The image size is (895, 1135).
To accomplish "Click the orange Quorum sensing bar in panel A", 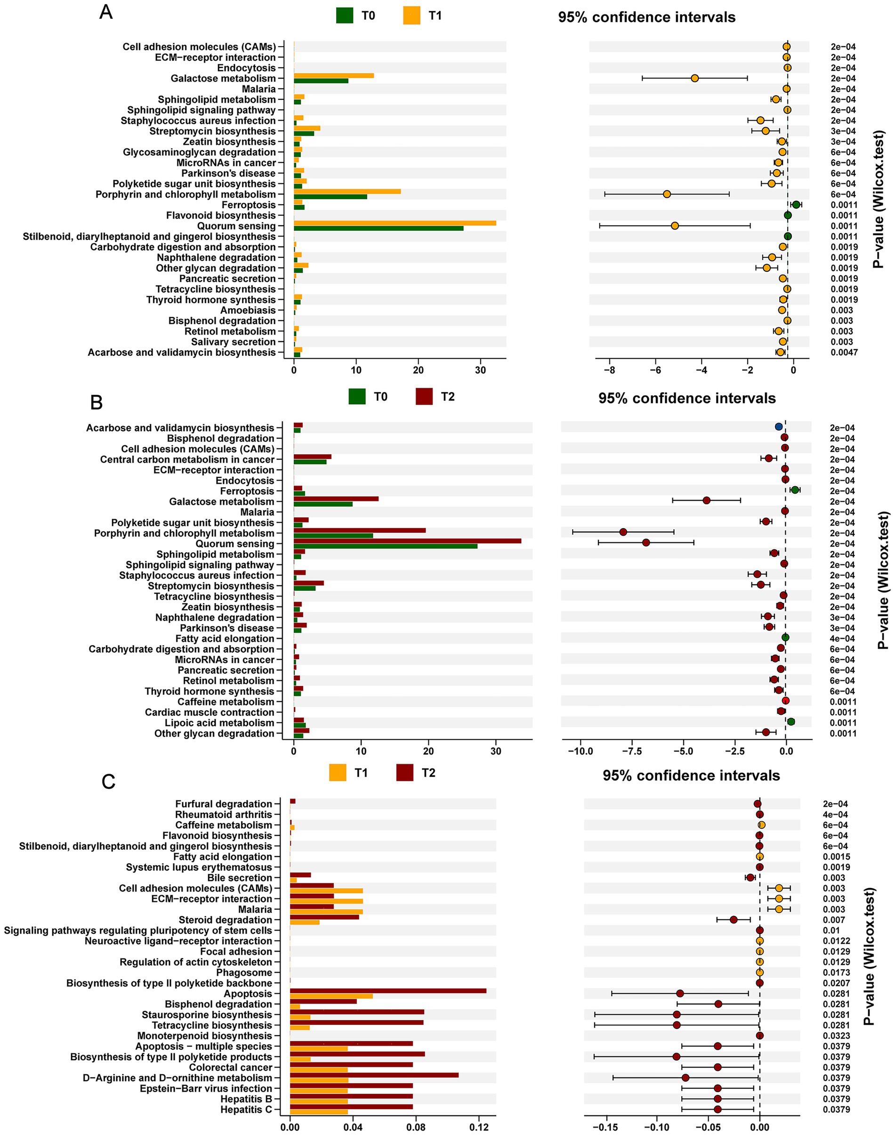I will click(395, 223).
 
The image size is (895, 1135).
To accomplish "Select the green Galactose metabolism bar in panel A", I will click(321, 81).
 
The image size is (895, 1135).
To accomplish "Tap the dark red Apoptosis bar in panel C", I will click(388, 991).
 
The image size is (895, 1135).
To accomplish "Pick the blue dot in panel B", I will click(779, 427).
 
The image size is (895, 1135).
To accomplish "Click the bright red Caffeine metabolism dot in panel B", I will click(785, 701).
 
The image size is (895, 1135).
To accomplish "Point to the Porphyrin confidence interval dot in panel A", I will click(667, 194).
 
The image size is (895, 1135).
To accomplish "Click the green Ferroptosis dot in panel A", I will click(797, 204).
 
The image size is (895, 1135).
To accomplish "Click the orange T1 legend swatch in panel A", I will click(412, 16).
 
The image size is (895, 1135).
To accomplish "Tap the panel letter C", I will click(108, 782).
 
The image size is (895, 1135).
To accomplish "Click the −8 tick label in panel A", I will click(609, 370).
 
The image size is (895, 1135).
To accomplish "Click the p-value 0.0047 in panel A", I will click(844, 352).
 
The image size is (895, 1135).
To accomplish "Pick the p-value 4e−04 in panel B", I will click(842, 638).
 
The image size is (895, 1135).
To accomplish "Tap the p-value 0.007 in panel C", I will click(834, 920).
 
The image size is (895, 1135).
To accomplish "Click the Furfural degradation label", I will click(224, 804).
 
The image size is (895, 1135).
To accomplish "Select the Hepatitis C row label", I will click(246, 1109).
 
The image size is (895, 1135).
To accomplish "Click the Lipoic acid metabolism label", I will click(219, 723).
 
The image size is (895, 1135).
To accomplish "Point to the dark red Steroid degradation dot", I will click(734, 920).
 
